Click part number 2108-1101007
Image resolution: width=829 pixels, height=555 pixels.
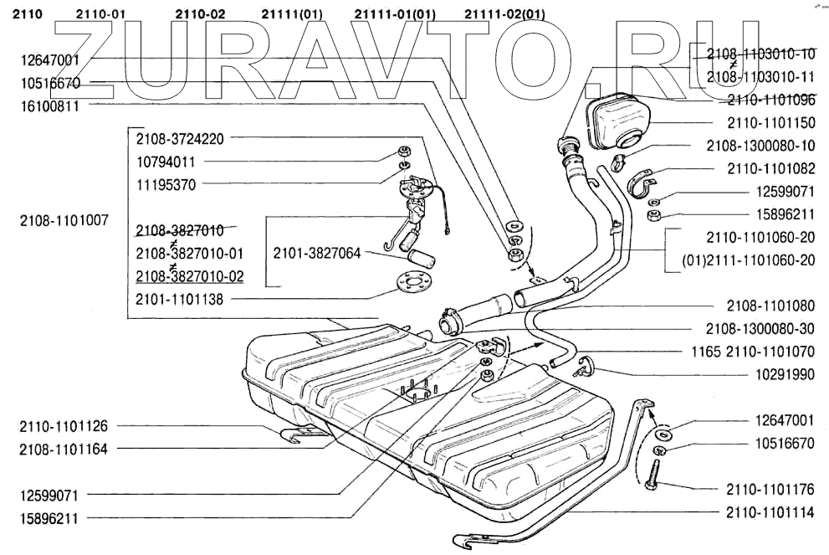coord(64,221)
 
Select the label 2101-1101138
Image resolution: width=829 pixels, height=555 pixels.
coord(179,299)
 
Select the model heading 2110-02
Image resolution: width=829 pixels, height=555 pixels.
coord(201,14)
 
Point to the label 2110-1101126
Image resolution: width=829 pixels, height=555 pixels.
coord(64,426)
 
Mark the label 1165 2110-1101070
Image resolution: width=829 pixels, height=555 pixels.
coord(753,352)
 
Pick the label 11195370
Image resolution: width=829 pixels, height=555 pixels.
coord(167,183)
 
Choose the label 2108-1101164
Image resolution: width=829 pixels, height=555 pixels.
coord(64,449)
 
